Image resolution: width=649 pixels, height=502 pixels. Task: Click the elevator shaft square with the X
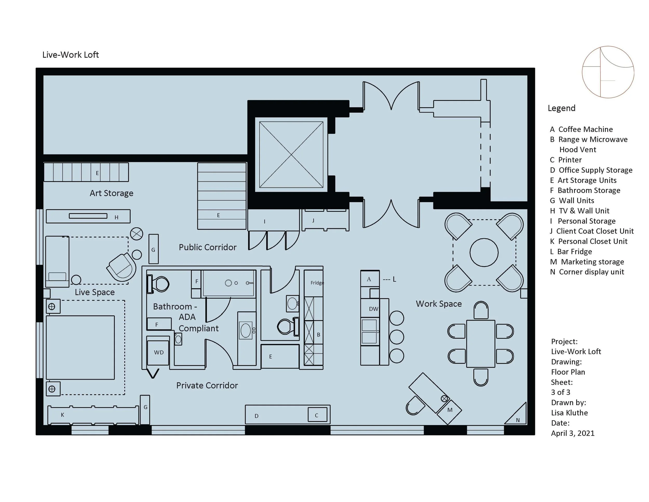(x=291, y=154)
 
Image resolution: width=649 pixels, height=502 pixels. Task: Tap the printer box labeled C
(x=317, y=415)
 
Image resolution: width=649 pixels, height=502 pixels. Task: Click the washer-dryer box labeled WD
(x=158, y=352)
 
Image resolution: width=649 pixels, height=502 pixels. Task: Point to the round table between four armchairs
(x=484, y=253)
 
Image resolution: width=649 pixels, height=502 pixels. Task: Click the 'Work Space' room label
(x=439, y=304)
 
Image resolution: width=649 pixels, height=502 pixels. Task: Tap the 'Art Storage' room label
(x=111, y=193)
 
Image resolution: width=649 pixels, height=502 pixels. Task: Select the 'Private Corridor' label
(x=207, y=385)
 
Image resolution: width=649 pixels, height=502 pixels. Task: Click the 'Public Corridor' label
(x=207, y=247)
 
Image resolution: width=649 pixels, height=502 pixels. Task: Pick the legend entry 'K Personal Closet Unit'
(x=588, y=241)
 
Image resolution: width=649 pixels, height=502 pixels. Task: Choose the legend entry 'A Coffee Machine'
(x=581, y=129)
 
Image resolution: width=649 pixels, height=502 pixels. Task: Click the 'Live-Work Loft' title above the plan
(x=70, y=55)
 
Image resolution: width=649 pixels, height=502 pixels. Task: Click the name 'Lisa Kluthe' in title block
(x=569, y=413)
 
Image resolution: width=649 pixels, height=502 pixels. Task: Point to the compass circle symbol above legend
(x=608, y=72)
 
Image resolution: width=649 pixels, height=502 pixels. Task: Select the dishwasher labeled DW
(x=373, y=309)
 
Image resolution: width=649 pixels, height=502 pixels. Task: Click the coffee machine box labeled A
(x=369, y=279)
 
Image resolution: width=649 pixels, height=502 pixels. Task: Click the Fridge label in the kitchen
(x=317, y=283)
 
